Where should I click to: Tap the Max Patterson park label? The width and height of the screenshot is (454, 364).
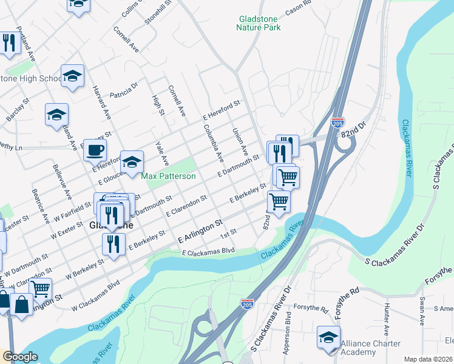click(x=169, y=176)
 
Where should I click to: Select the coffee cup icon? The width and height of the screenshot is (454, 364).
click(x=95, y=149)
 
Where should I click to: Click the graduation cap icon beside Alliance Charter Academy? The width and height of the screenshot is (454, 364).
click(x=328, y=337)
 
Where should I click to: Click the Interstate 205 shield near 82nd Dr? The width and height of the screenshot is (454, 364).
click(x=338, y=123)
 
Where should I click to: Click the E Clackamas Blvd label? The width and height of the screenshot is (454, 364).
click(x=208, y=251)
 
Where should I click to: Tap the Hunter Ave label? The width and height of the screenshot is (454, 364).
click(x=387, y=322)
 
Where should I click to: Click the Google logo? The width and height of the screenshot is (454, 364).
click(x=20, y=357)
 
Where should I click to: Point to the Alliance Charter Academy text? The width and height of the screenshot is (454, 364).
click(x=371, y=348)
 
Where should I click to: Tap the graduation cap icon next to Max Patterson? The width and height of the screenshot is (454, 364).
click(x=132, y=161)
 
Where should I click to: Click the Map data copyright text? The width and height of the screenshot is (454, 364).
click(x=428, y=359)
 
